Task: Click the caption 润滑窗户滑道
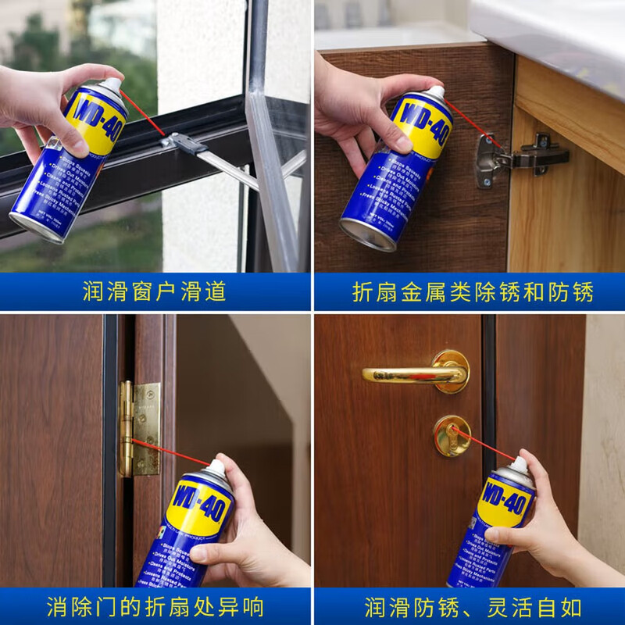coord(154,292)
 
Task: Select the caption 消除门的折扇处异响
coord(155,606)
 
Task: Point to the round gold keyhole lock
coord(451,434)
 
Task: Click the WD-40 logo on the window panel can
coord(95,117)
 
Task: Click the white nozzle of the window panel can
coord(112,84)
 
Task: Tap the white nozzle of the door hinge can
coord(216,468)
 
